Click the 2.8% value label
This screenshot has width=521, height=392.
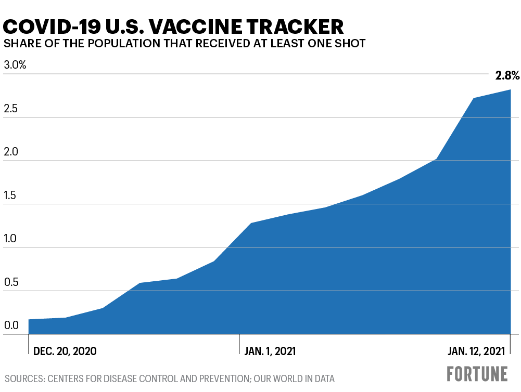507,76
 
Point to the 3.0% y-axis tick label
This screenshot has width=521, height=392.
15,66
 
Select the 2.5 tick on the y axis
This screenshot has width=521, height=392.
11,109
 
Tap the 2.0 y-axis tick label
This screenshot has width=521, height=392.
11,152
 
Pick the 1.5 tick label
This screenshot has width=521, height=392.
11,196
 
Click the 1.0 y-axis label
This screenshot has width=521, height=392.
11,239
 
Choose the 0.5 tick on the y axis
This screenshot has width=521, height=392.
11,283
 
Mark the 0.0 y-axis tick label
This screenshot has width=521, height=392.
11,326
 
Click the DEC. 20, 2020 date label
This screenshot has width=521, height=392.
65,351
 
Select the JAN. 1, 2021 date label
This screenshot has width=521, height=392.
270,351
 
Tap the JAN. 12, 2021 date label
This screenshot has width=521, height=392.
476,351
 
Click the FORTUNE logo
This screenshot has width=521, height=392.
477,374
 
